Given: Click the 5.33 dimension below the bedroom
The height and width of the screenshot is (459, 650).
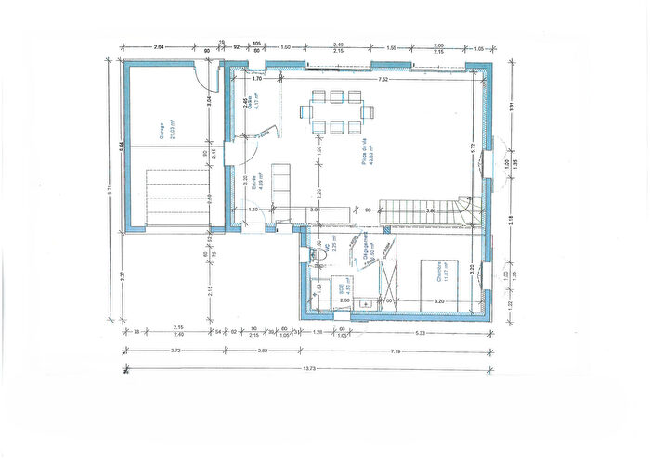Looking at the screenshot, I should point(421,332).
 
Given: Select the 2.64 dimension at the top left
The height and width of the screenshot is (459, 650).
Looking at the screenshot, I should point(160,45).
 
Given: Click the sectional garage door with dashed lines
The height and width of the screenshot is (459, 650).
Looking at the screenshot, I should point(176,197).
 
